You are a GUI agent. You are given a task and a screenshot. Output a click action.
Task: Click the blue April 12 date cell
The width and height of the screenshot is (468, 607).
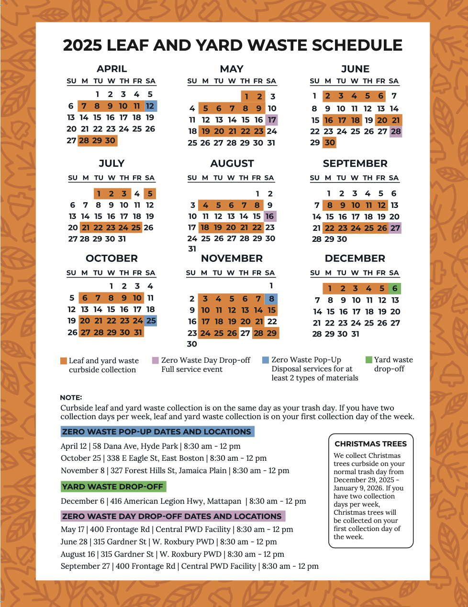pos(150,106)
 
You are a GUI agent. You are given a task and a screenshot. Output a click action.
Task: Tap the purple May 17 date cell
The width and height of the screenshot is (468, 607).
pos(272,120)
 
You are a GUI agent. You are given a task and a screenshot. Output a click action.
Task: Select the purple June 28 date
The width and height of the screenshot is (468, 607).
pos(396,131)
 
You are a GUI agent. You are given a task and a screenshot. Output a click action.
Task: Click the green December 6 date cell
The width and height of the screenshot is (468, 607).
pos(395,288)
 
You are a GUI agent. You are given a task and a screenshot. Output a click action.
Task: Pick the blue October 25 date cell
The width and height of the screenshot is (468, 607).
pos(151,321)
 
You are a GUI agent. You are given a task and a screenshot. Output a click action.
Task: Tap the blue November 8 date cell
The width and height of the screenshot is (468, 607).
pos(271,299)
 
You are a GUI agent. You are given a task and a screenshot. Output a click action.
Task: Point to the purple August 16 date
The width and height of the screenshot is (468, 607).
pos(270,216)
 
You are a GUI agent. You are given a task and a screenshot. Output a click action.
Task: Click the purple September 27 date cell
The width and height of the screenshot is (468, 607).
pos(395,228)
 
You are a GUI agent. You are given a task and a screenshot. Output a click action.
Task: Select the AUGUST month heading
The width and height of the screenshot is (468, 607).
pos(232,163)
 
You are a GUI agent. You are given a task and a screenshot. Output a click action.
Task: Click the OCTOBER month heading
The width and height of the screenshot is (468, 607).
pos(111,259)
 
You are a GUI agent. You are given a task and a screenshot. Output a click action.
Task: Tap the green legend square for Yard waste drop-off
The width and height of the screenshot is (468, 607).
pos(368,360)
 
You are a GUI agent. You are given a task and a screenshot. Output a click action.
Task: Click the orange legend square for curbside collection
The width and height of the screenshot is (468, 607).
pos(64,361)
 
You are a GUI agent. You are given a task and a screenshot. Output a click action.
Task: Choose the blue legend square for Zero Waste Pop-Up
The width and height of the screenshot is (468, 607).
pos(266,360)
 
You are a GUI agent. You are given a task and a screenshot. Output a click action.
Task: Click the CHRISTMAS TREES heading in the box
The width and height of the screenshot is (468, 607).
pos(370,444)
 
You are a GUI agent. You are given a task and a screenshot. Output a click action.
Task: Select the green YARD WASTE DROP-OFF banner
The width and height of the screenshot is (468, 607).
pos(113,487)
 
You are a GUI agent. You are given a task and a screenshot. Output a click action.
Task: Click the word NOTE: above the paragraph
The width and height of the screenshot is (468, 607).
pos(71,398)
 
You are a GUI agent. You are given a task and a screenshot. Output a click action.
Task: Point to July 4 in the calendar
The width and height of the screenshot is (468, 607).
pos(137,194)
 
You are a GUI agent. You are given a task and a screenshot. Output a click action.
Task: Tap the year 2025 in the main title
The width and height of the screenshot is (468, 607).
pos(82,45)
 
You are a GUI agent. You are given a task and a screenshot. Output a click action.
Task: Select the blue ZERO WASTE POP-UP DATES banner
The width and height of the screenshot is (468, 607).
pos(157,432)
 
